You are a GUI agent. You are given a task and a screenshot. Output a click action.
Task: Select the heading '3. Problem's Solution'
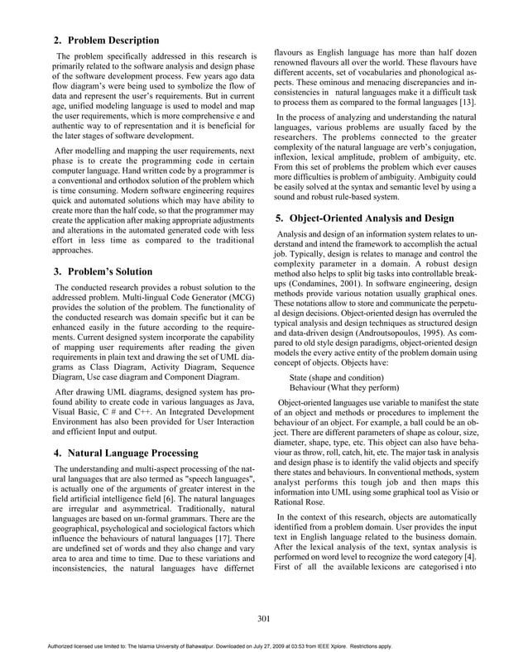tap(103, 271)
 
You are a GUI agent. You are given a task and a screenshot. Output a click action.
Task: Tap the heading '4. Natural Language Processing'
tap(132, 453)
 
